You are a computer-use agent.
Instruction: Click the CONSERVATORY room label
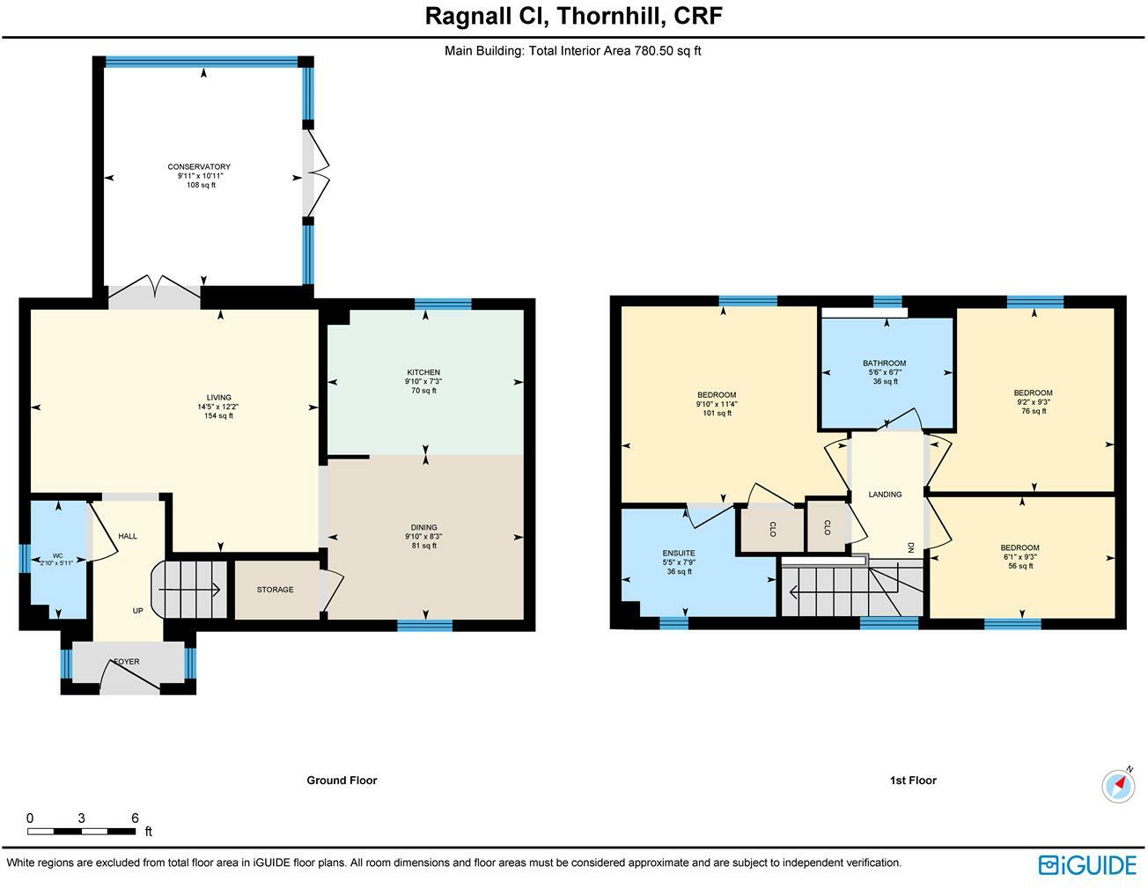[199, 167]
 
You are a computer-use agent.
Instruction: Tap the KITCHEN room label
[423, 372]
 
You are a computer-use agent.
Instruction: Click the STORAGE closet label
[275, 590]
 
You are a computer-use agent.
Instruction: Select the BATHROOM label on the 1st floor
[884, 363]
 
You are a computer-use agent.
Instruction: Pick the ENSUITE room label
[678, 554]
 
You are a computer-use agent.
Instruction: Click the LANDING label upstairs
[885, 495]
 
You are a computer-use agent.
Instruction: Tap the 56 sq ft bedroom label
[1020, 548]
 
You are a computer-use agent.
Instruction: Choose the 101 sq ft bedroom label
[716, 395]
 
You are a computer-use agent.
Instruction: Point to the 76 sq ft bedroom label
[1033, 393]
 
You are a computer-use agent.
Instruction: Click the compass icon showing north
[1118, 785]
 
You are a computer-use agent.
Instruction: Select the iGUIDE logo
[1087, 865]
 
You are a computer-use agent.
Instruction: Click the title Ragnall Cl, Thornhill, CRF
[574, 16]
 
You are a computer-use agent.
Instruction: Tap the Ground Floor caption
[342, 781]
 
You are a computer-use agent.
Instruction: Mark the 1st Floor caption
[913, 781]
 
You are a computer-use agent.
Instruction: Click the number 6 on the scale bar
[135, 818]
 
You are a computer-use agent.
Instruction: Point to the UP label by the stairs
[137, 611]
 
